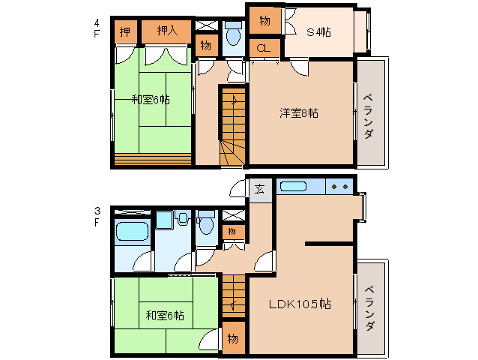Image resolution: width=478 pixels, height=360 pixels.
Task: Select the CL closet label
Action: pyautogui.click(x=263, y=49)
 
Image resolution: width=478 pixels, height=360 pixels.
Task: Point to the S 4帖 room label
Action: pyautogui.click(x=318, y=31)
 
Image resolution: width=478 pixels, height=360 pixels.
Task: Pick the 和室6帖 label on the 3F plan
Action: pyautogui.click(x=165, y=316)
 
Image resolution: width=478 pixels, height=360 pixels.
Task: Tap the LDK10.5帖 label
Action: pyautogui.click(x=300, y=304)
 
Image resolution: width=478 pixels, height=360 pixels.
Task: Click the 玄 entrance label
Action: pyautogui.click(x=259, y=189)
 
